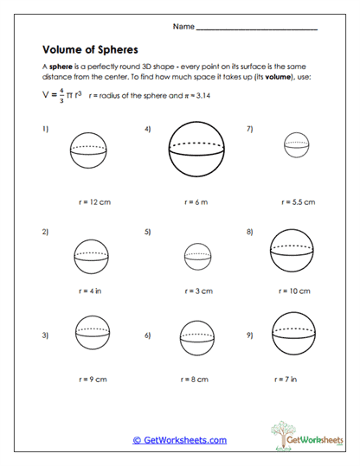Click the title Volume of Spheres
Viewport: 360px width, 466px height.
pyautogui.click(x=90, y=49)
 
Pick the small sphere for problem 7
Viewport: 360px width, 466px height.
pyautogui.click(x=297, y=146)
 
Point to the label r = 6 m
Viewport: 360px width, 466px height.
pyautogui.click(x=196, y=201)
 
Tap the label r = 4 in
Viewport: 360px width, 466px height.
pyautogui.click(x=93, y=290)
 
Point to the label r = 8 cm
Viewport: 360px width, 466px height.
pyautogui.click(x=196, y=378)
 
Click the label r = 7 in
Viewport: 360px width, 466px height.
pyautogui.click(x=297, y=378)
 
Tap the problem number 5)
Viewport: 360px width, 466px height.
pyautogui.click(x=148, y=232)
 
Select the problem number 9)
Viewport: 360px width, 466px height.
pyautogui.click(x=249, y=335)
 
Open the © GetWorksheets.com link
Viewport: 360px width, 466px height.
pyautogui.click(x=179, y=439)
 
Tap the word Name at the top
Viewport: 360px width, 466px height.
pyautogui.click(x=183, y=27)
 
